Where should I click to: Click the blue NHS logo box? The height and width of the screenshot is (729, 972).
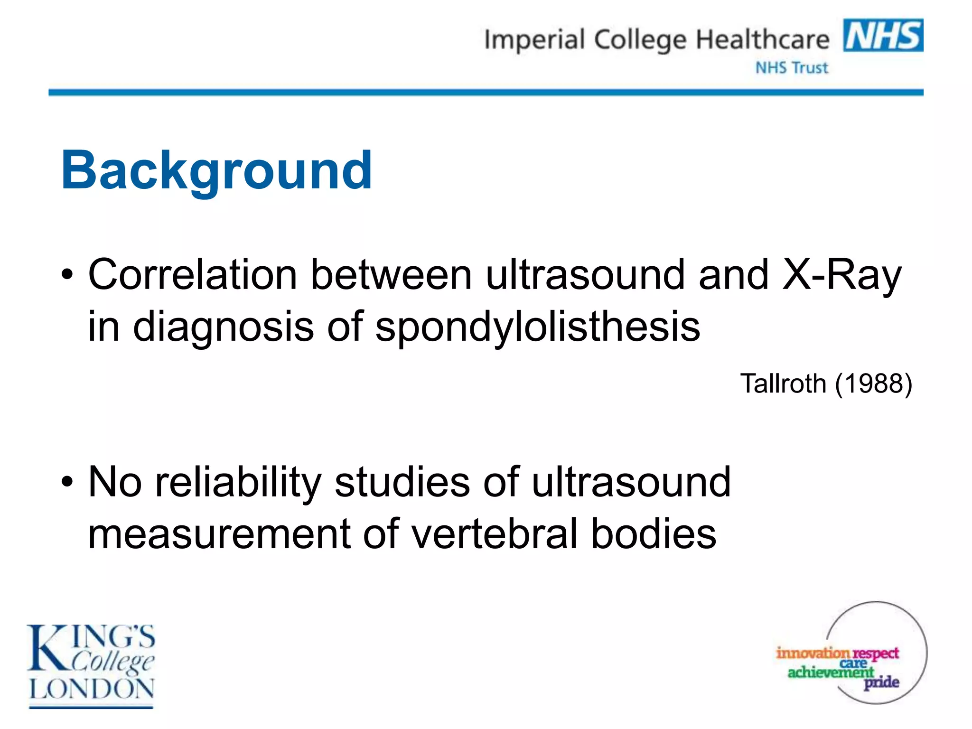click(x=883, y=35)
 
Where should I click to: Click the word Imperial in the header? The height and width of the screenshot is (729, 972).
click(x=534, y=40)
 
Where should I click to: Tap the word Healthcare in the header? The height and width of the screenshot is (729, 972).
click(x=762, y=40)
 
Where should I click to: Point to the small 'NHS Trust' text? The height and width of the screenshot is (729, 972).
click(x=791, y=68)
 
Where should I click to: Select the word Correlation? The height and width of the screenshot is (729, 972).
click(x=193, y=275)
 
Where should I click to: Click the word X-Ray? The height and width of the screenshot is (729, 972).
click(x=841, y=275)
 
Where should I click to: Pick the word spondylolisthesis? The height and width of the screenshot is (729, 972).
click(x=537, y=327)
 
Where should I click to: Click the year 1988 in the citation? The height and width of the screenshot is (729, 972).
click(x=873, y=383)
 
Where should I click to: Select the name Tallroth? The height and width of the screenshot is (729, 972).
click(x=783, y=383)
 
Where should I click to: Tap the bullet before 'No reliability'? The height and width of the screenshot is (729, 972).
click(x=67, y=482)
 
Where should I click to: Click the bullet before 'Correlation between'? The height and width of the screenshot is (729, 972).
click(x=67, y=275)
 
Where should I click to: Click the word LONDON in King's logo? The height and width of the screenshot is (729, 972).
click(x=92, y=689)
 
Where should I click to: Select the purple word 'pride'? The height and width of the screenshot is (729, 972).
click(x=881, y=682)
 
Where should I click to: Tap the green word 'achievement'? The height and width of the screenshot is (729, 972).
click(x=830, y=672)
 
